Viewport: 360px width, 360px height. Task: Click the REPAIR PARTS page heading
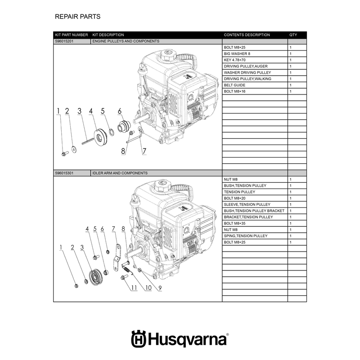point(77,17)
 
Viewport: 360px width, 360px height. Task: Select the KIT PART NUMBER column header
point(72,35)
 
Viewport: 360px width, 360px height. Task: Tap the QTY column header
point(293,35)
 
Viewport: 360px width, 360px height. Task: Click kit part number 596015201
point(64,41)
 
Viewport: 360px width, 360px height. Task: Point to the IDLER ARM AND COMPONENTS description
point(120,173)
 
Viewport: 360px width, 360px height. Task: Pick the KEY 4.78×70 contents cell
point(234,60)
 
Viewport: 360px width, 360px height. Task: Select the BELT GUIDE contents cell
point(234,85)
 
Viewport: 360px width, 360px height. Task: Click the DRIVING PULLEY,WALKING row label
point(247,79)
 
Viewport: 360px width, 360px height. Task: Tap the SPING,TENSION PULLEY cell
point(246,236)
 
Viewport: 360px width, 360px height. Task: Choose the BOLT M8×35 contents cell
point(234,223)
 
